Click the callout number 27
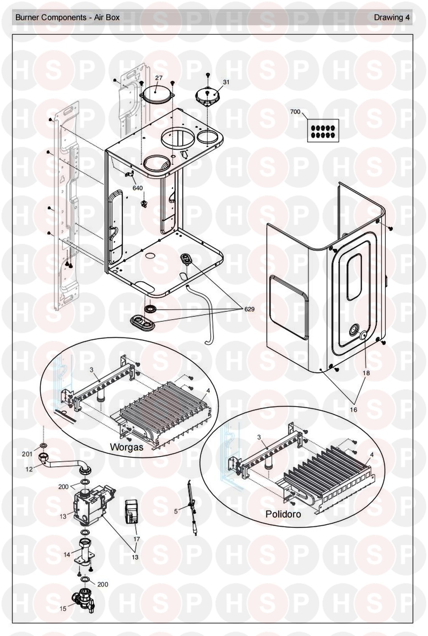coord(159,78)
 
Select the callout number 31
coord(226,82)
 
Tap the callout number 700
coord(295,112)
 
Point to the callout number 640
coord(138,188)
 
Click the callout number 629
coord(250,309)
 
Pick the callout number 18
coord(366,373)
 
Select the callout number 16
coord(354,410)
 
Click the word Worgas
coord(126,447)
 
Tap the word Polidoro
coord(283,514)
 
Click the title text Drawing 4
coord(392,18)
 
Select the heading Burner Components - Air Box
coord(67,18)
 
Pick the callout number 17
coord(136,539)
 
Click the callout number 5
coord(176,511)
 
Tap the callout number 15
coord(63,608)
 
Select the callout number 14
coord(67,555)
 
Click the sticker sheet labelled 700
coord(323,132)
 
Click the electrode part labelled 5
coord(193,508)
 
